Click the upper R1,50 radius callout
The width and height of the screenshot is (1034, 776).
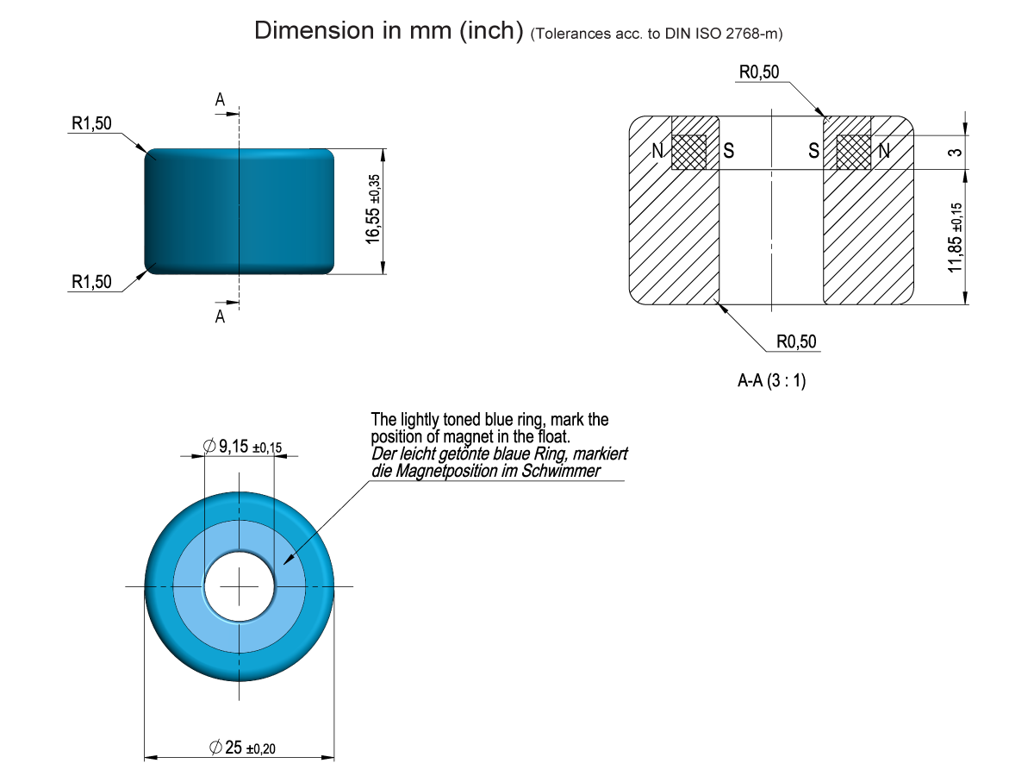pos(91,124)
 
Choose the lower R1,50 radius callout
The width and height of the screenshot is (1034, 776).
pos(91,282)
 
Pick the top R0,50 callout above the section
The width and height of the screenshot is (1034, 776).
pos(758,72)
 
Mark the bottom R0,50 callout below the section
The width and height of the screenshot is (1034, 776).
pos(796,342)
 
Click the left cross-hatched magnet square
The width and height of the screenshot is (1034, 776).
pos(688,152)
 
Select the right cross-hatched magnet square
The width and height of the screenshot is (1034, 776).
pos(854,152)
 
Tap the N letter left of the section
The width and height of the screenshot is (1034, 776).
pos(657,152)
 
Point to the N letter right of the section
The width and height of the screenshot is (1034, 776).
pos(883,152)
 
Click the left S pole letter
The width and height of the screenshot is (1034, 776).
pos(729,152)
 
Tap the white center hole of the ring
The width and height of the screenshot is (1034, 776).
pos(239,586)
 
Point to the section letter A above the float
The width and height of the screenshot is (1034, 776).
pos(220,100)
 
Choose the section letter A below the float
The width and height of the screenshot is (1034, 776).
pos(220,317)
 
